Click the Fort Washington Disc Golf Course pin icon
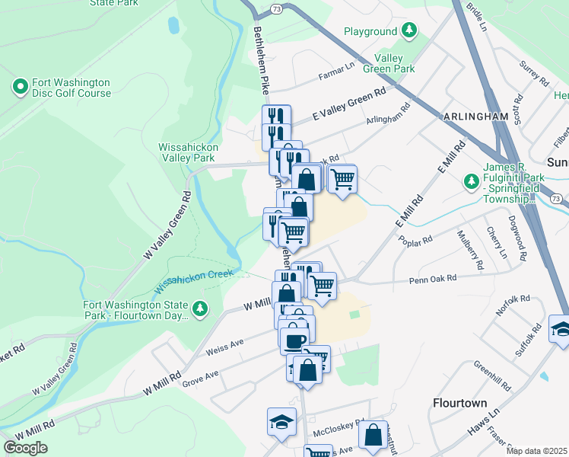(21, 88)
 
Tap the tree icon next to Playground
(410, 31)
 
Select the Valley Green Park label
(394, 62)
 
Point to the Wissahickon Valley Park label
(188, 152)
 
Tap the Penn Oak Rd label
(431, 278)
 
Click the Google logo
(25, 448)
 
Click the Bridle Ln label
(476, 10)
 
